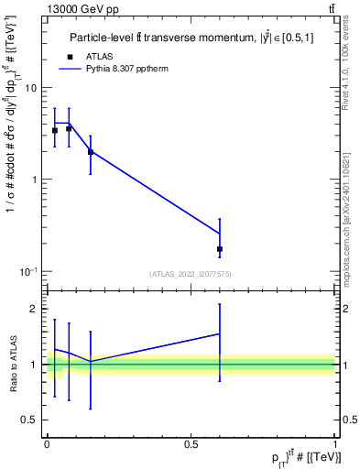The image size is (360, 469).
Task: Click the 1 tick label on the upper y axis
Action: (x=34, y=180)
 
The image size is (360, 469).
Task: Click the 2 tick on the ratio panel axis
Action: (x=34, y=309)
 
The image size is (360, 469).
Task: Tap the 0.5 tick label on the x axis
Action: (x=191, y=442)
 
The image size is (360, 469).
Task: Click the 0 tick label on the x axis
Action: (x=47, y=442)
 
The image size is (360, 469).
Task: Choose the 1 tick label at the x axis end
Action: (x=335, y=442)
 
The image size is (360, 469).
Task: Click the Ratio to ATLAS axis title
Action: (x=12, y=365)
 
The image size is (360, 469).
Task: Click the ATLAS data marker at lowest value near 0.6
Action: (x=220, y=249)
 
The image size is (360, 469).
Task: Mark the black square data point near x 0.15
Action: (x=90, y=152)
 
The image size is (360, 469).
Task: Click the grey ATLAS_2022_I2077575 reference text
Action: (x=191, y=274)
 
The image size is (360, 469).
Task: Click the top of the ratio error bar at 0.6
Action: (x=220, y=304)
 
